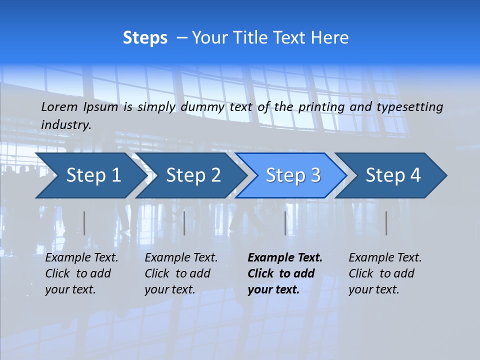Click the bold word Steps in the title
click(x=145, y=38)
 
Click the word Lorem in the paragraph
click(x=59, y=106)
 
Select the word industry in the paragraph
click(x=65, y=125)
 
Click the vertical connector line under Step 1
click(x=84, y=223)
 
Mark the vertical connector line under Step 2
click(x=184, y=223)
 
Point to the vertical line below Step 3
click(x=285, y=223)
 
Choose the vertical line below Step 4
click(x=386, y=223)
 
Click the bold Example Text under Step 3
click(x=285, y=258)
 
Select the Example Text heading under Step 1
click(x=81, y=258)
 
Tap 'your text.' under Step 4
click(x=373, y=289)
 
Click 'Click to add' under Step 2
click(x=177, y=274)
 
